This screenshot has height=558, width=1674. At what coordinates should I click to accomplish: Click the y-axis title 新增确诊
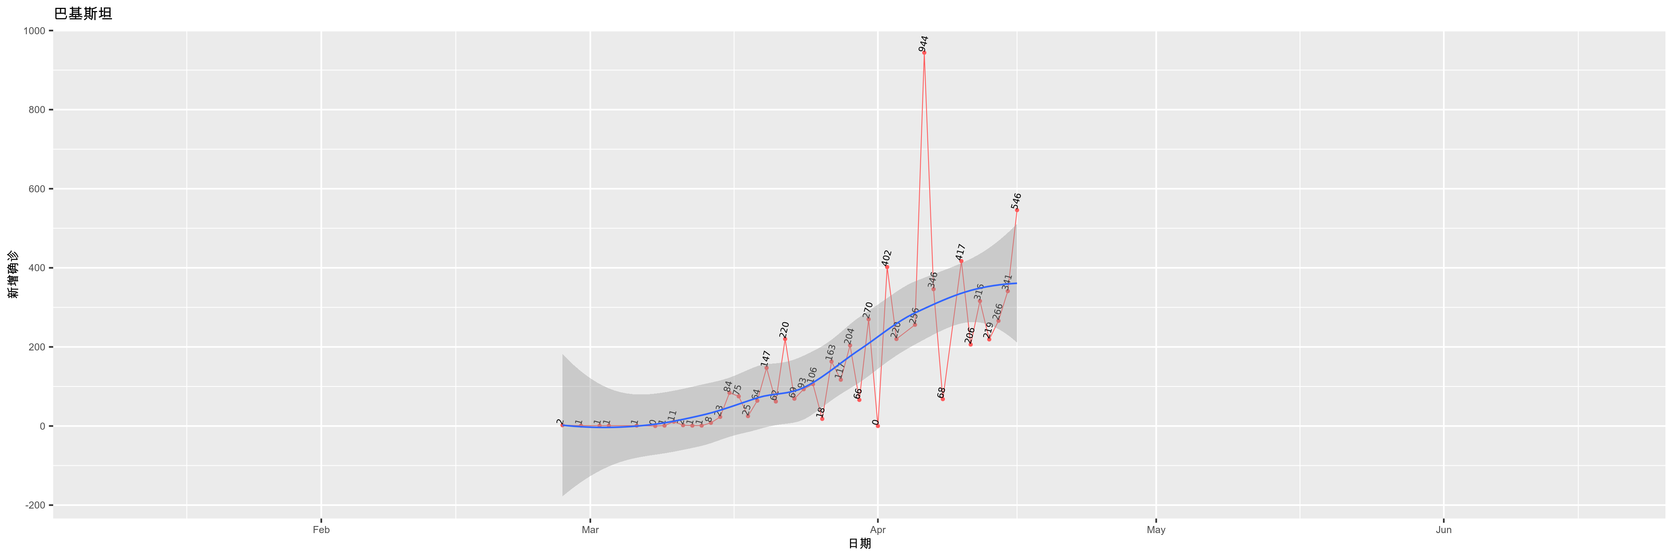coord(13,275)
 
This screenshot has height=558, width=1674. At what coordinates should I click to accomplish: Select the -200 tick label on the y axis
coord(35,506)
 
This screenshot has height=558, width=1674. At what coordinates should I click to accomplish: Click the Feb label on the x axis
coord(321,530)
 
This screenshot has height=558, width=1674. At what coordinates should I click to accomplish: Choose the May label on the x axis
coord(1156,530)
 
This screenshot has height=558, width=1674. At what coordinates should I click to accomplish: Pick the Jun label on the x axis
coord(1443,530)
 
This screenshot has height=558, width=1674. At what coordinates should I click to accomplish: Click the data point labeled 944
coord(924,52)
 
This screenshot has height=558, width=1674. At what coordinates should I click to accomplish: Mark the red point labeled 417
coord(961,261)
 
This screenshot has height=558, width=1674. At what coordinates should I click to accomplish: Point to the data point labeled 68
coord(942,399)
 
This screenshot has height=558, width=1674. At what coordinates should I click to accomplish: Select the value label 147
coord(766,358)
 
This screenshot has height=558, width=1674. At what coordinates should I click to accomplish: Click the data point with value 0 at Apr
coord(877,426)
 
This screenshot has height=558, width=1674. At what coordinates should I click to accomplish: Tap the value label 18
coord(821,412)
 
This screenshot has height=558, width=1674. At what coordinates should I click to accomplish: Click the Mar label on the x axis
coord(590,530)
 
